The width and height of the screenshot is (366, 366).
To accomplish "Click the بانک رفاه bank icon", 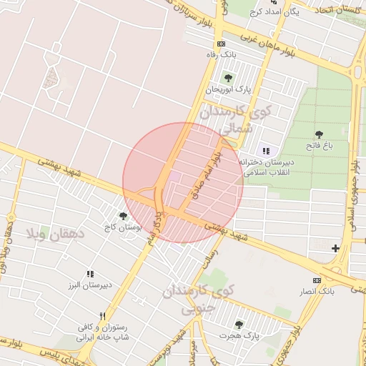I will click(220, 44).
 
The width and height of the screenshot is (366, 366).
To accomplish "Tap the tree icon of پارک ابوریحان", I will click(228, 78).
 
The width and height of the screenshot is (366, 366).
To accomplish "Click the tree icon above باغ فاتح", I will click(318, 134).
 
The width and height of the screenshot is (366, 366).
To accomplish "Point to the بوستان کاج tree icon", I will click(123, 216).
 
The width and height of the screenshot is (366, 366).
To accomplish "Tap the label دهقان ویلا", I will click(56, 233).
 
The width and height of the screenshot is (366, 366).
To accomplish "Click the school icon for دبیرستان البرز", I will click(90, 274).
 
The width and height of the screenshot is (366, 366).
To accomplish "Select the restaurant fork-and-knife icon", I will click(102, 316).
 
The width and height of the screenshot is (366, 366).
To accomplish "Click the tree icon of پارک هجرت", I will click(239, 324).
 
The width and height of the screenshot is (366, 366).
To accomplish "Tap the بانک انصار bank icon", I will click(317, 280).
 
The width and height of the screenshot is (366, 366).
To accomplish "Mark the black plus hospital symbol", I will click(336, 248).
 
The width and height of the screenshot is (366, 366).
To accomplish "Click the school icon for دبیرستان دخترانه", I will click(266, 151).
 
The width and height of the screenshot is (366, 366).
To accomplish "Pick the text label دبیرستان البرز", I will click(90, 285).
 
